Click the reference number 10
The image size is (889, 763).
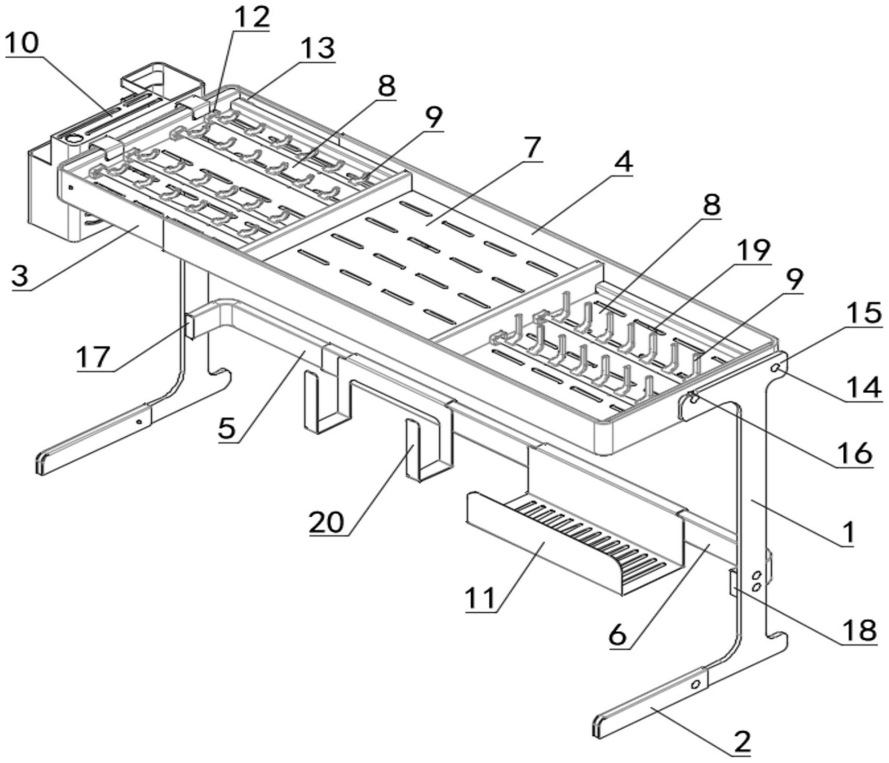click(x=23, y=43)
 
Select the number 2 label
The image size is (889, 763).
click(x=742, y=742)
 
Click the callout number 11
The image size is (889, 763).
click(x=480, y=598)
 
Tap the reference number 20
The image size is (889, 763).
click(x=327, y=522)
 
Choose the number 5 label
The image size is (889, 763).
click(x=228, y=428)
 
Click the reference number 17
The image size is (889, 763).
click(x=94, y=356)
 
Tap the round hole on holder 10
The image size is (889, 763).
click(x=74, y=139)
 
